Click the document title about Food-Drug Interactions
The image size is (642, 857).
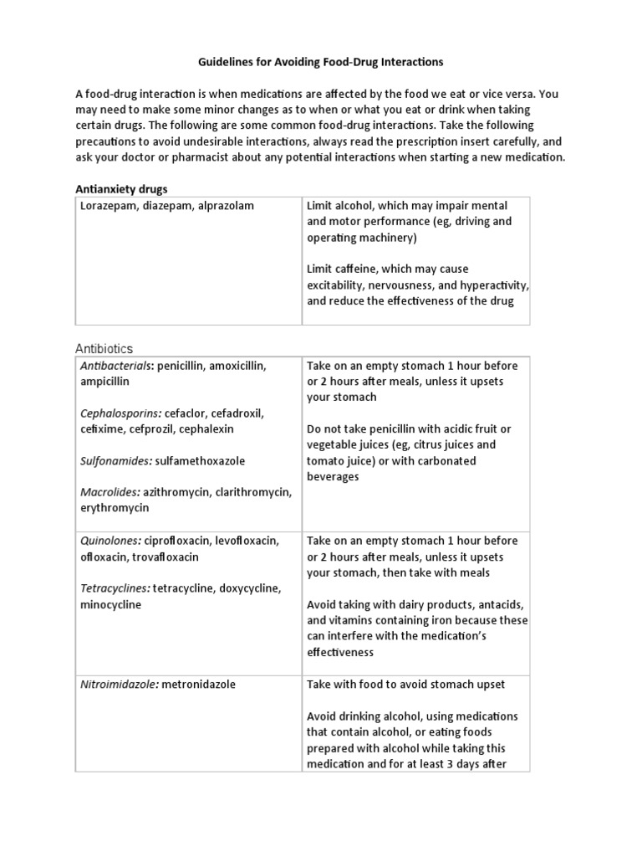(321, 62)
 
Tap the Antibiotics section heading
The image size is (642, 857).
(104, 348)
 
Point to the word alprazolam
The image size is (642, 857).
(224, 206)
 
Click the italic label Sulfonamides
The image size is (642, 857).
(115, 460)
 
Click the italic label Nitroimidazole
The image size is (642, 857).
(119, 685)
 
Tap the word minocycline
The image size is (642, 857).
(112, 604)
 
